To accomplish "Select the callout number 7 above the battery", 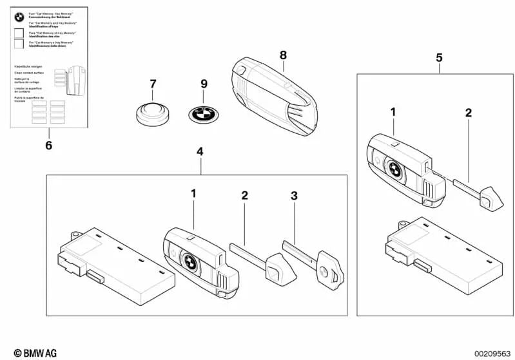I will pyautogui.click(x=153, y=84).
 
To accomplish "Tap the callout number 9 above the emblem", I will pyautogui.click(x=204, y=84).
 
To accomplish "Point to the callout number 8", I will pyautogui.click(x=283, y=55).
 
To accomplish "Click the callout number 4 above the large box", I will pyautogui.click(x=200, y=152).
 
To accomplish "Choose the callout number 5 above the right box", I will pyautogui.click(x=439, y=57).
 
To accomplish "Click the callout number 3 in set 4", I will pyautogui.click(x=294, y=196).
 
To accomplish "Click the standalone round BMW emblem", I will pyautogui.click(x=203, y=117).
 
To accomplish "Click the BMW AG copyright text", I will pyautogui.click(x=30, y=352).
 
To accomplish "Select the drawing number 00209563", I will pyautogui.click(x=492, y=353).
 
